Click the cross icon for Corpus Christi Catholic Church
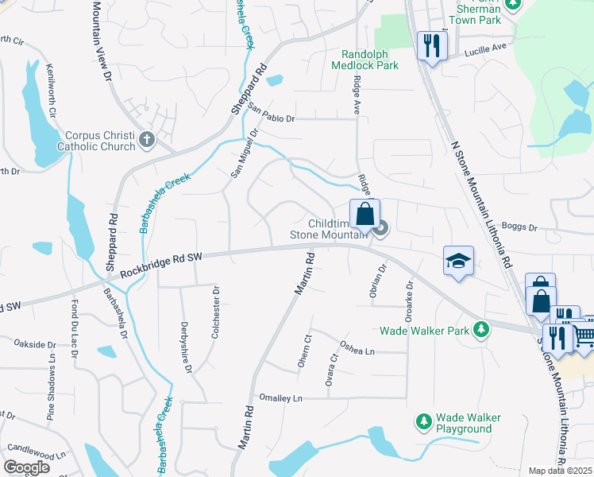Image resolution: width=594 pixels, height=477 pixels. point(146,141)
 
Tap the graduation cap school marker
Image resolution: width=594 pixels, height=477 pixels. point(458,262)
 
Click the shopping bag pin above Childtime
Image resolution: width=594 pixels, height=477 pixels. point(364,213)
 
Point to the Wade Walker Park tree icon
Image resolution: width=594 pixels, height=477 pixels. point(480,329)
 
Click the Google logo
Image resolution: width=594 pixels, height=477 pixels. point(27,467)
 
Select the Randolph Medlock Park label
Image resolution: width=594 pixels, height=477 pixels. point(370,60)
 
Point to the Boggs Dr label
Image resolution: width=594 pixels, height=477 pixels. point(522,227)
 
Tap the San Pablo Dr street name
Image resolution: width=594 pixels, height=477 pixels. point(271,113)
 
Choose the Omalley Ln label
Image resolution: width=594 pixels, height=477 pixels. point(281,397)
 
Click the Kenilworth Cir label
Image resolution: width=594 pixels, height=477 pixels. point(52,91)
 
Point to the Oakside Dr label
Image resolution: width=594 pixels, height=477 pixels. point(35,344)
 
